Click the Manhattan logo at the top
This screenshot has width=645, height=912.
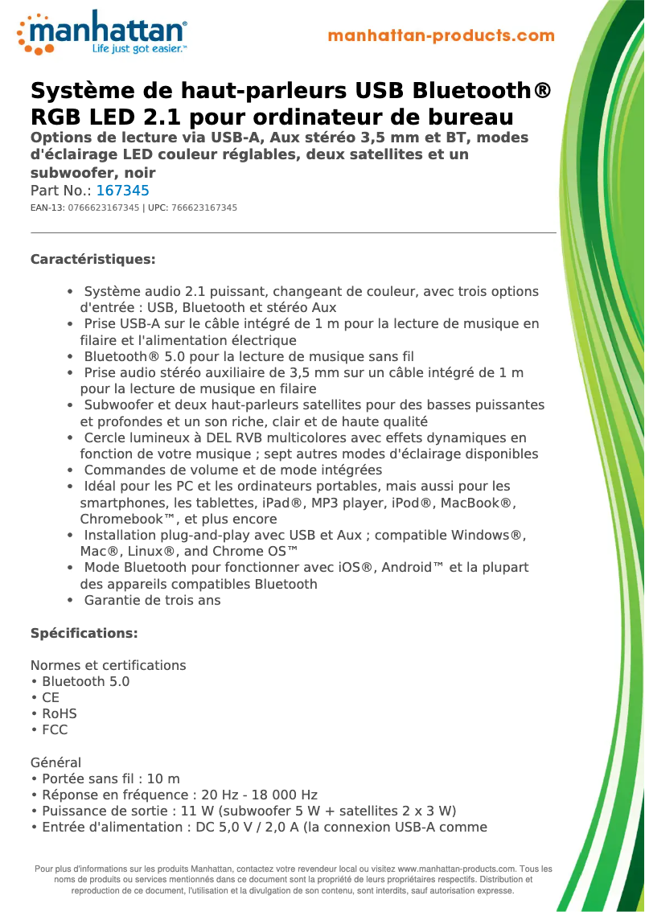(102, 33)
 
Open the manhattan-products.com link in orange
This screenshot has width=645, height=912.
(441, 35)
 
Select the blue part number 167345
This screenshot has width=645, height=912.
(122, 191)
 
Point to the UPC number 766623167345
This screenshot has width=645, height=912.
(204, 208)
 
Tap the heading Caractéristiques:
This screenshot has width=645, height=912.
(92, 260)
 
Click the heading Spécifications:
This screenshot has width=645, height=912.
(84, 633)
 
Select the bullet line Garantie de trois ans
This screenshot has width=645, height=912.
(152, 600)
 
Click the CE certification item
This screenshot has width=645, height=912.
(51, 697)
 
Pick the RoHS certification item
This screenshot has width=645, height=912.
(59, 713)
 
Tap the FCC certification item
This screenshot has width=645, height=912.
(55, 729)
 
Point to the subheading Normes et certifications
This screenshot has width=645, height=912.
(108, 665)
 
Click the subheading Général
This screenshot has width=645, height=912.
(55, 762)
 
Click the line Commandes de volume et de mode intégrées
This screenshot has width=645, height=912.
(232, 470)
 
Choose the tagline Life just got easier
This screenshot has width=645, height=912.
(138, 49)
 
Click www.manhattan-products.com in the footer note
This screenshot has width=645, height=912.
(457, 869)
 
